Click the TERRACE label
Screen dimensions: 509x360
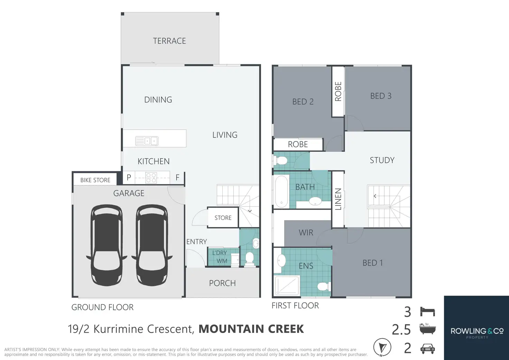pyautogui.click(x=169, y=41)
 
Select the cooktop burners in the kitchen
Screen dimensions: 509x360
pyautogui.click(x=151, y=178)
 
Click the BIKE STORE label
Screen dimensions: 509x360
pyautogui.click(x=95, y=180)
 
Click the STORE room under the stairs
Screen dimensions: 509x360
pyautogui.click(x=223, y=218)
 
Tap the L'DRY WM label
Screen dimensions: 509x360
pyautogui.click(x=220, y=257)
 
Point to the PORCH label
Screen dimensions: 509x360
pyautogui.click(x=222, y=283)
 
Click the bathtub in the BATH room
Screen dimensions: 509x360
pyautogui.click(x=281, y=191)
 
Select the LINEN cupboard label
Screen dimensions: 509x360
pyautogui.click(x=338, y=199)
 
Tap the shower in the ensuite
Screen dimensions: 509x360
pyautogui.click(x=286, y=286)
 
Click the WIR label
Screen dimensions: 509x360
pyautogui.click(x=306, y=233)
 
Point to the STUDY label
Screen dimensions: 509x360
pyautogui.click(x=382, y=160)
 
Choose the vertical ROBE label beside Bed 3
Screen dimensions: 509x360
pyautogui.click(x=338, y=91)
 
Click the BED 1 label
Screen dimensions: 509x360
pyautogui.click(x=373, y=263)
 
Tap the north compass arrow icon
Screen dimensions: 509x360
pyautogui.click(x=382, y=347)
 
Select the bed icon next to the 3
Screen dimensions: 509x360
pyautogui.click(x=427, y=312)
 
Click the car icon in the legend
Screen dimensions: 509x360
pyautogui.click(x=427, y=349)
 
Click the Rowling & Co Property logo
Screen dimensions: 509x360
pyautogui.click(x=477, y=332)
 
